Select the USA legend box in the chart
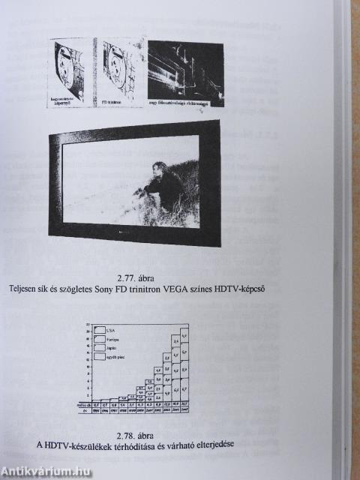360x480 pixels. click(x=100, y=328)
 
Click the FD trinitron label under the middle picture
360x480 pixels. click(x=112, y=100)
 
